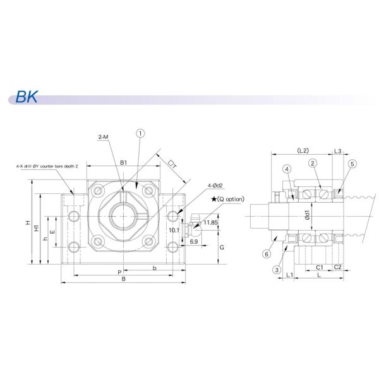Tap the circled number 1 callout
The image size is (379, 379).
pyautogui.click(x=140, y=133)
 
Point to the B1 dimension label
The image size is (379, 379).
pyautogui.click(x=124, y=162)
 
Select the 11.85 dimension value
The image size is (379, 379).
pyautogui.click(x=211, y=223)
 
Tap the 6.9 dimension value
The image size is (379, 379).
pyautogui.click(x=194, y=242)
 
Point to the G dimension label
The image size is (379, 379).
pyautogui.click(x=221, y=248)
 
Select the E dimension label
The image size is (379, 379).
pyautogui.click(x=52, y=232)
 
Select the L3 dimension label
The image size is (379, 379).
pyautogui.click(x=338, y=150)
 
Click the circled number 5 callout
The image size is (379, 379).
pyautogui.click(x=352, y=164)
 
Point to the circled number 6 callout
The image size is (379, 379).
pyautogui.click(x=266, y=253)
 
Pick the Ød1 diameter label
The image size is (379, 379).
pyautogui.click(x=307, y=214)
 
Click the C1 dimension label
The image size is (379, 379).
pyautogui.click(x=320, y=267)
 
